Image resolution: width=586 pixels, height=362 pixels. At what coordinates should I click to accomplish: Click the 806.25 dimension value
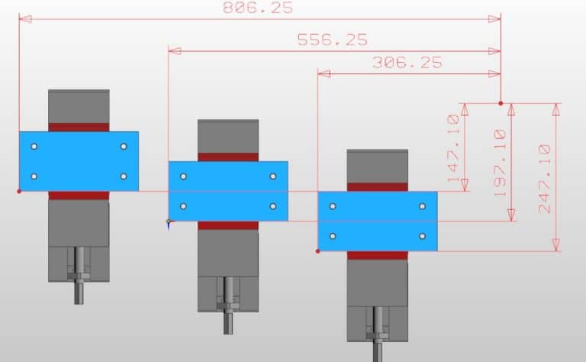point(257,8)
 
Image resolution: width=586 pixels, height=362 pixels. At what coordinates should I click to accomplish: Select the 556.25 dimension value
point(332,40)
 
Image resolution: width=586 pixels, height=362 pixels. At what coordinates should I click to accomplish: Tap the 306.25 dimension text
point(407,63)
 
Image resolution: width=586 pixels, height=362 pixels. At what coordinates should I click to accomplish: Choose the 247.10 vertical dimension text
point(545,179)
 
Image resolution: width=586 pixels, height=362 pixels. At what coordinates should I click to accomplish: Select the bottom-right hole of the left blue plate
point(123,176)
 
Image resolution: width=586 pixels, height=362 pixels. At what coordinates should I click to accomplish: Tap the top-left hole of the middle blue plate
point(183,176)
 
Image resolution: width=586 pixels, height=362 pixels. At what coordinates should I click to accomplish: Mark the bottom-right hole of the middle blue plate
point(272,206)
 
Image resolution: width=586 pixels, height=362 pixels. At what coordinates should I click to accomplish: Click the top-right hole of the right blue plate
point(422,206)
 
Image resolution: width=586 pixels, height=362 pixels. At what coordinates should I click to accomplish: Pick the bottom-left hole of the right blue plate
point(333,237)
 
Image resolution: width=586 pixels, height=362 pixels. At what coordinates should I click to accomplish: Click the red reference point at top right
point(501,102)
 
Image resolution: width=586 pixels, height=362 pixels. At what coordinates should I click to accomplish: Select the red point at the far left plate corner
point(19,191)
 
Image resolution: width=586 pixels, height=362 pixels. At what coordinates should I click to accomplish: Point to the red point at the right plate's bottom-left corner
point(318,250)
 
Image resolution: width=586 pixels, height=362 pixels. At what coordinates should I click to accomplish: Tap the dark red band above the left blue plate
point(79,127)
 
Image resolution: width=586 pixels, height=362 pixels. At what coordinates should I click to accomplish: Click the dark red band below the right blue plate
point(377,255)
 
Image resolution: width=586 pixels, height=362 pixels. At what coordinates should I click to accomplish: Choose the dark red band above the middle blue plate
point(228,157)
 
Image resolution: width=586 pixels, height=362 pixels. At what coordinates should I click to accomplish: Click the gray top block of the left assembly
point(79,105)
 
